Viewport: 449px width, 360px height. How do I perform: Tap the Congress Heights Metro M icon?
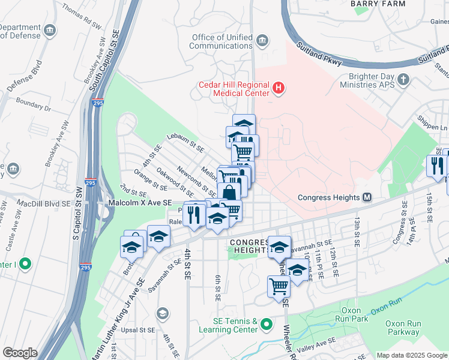[x=367, y=197]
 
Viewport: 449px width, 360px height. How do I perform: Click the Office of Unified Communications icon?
[x=262, y=41]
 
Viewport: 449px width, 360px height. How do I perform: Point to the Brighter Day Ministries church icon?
[x=403, y=79]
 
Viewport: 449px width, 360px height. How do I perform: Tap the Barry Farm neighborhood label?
[x=378, y=4]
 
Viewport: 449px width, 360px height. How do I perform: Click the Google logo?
[x=20, y=352]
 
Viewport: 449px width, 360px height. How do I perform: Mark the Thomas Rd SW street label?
[x=82, y=17]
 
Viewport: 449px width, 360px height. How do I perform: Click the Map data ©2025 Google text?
[x=411, y=355]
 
